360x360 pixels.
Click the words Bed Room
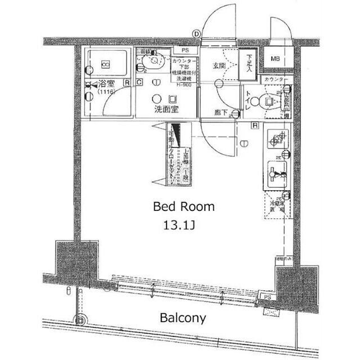(x=184, y=206)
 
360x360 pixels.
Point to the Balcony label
(x=182, y=318)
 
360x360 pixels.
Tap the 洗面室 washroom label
(x=166, y=110)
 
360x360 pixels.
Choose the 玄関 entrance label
(x=219, y=66)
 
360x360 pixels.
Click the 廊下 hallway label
(x=221, y=112)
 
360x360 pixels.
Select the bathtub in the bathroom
(x=105, y=64)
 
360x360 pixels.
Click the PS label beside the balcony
(x=267, y=297)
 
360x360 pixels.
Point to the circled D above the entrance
(x=196, y=34)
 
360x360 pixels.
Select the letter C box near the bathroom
(x=138, y=83)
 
